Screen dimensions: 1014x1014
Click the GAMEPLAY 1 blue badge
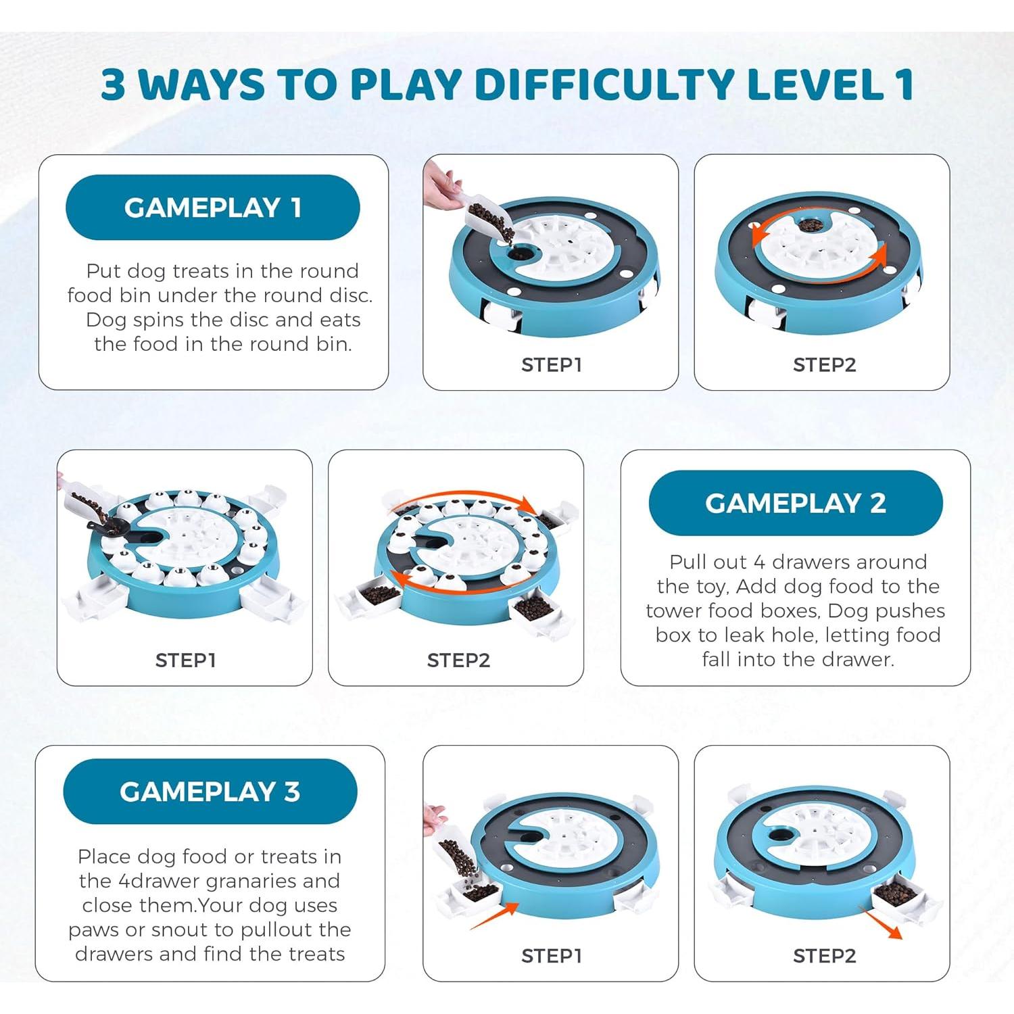[x=212, y=208]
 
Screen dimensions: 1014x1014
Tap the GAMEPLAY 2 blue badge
[x=796, y=503]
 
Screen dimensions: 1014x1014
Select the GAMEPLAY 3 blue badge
[x=210, y=792]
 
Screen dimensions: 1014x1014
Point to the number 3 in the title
[x=113, y=84]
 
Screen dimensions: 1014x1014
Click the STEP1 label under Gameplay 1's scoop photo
[x=552, y=365]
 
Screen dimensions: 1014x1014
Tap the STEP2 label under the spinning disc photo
[x=825, y=365]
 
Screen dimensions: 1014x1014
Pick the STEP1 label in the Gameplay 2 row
[x=186, y=660]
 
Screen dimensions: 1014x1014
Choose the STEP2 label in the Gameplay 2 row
[x=458, y=660]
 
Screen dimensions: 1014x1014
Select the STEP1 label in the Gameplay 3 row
[x=552, y=956]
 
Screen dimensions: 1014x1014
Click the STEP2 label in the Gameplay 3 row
[x=825, y=956]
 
